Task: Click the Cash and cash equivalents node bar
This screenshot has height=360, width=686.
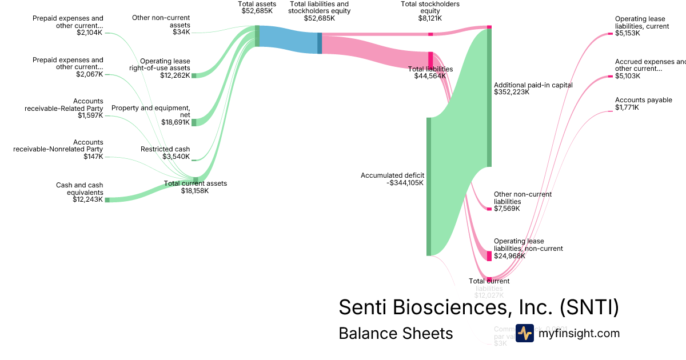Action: click(107, 199)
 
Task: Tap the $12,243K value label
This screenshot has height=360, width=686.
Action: click(87, 199)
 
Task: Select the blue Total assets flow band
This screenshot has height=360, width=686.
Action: click(288, 39)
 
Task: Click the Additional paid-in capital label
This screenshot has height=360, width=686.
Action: click(533, 85)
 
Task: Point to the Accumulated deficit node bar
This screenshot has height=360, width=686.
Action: click(429, 186)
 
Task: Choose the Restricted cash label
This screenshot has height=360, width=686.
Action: click(165, 149)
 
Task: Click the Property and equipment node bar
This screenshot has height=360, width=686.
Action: click(194, 122)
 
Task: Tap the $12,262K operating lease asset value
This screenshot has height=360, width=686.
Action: click(175, 75)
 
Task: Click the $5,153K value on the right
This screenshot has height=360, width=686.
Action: click(628, 33)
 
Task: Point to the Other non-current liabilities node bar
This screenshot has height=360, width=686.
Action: click(489, 209)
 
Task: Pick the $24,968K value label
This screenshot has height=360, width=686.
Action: click(509, 256)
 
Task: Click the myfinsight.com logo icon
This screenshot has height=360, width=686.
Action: click(524, 333)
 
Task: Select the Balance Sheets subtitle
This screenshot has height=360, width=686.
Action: click(396, 333)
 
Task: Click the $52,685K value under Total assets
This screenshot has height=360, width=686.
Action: click(257, 11)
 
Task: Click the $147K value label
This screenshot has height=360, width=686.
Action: click(93, 157)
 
